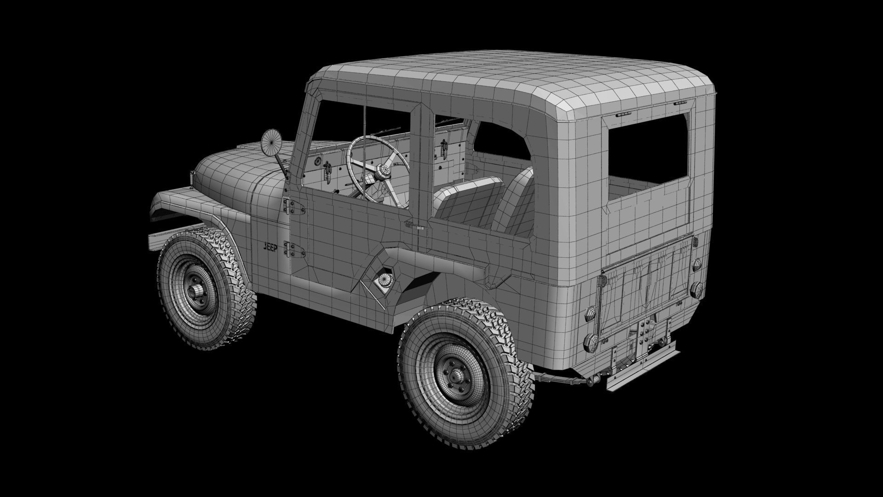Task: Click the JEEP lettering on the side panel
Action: pyautogui.click(x=270, y=247)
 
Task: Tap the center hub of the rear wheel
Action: pyautogui.click(x=455, y=376)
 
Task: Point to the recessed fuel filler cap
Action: pyautogui.click(x=383, y=280)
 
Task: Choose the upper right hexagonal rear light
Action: pyautogui.click(x=696, y=264)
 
